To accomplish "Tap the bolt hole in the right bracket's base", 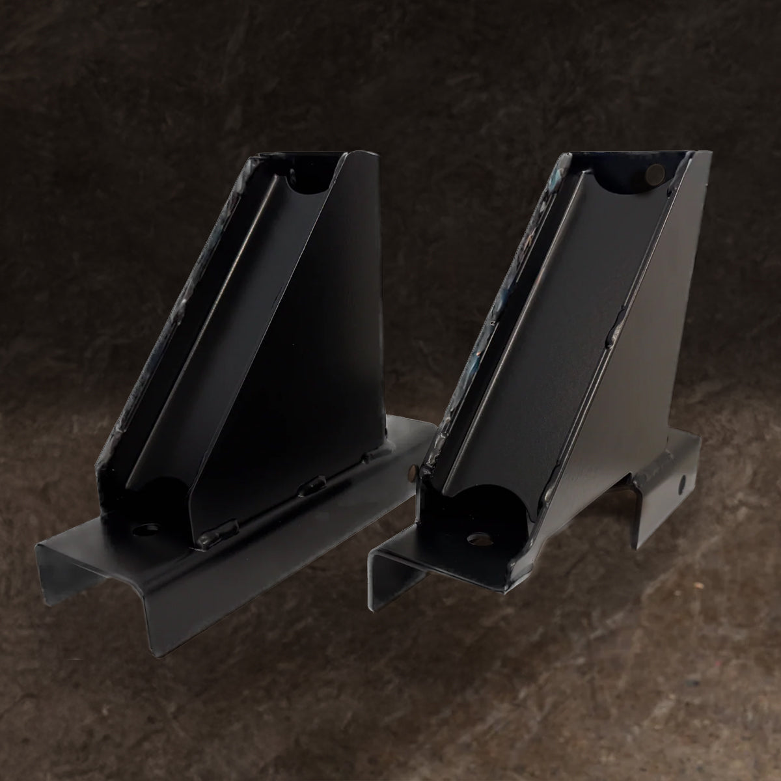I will point(480,538).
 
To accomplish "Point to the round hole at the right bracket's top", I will point(655,173).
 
